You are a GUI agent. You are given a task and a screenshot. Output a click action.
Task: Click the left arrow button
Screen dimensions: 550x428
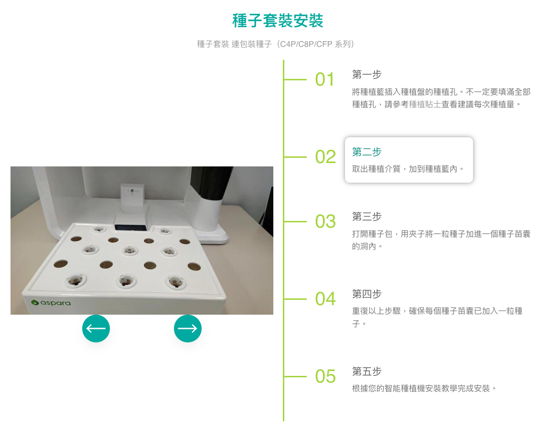pos(96,329)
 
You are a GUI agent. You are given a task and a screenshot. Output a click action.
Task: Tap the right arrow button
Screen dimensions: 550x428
pos(188,329)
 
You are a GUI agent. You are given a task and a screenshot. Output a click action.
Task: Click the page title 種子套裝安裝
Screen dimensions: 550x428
pos(278,21)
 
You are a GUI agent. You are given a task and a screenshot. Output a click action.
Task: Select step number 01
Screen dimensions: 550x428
pos(325,79)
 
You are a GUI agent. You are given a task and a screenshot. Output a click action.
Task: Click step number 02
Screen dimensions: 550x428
pos(325,156)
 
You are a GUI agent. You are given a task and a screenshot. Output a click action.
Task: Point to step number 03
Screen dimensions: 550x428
pos(325,221)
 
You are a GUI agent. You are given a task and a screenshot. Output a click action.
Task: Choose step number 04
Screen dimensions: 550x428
pos(325,299)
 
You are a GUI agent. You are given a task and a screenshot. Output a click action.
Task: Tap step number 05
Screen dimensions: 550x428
pos(325,376)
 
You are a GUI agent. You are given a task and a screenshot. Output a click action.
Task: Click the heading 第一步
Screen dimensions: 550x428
pos(367,75)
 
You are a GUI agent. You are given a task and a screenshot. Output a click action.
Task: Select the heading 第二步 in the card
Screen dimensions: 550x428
pos(367,152)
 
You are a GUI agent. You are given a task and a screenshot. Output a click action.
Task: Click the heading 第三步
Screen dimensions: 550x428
pos(367,217)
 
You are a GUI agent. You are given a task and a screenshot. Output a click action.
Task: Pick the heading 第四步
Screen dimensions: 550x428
pos(367,294)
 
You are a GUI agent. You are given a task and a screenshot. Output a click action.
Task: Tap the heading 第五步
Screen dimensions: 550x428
pos(367,372)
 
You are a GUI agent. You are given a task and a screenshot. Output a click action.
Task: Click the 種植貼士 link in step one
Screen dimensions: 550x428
pos(425,104)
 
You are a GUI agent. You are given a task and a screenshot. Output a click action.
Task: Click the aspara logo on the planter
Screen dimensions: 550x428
pos(51,303)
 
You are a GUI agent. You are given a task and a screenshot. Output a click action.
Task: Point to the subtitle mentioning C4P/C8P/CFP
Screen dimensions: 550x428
pos(275,44)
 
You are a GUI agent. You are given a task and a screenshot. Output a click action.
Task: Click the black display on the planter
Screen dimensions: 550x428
pos(130,228)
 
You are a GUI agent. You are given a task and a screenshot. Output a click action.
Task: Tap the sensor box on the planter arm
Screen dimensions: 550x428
pos(132,195)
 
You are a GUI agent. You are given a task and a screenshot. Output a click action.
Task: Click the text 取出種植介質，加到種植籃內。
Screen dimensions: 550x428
pos(408,169)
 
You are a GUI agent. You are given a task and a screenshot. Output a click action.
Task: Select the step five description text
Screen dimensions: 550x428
pos(424,388)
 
